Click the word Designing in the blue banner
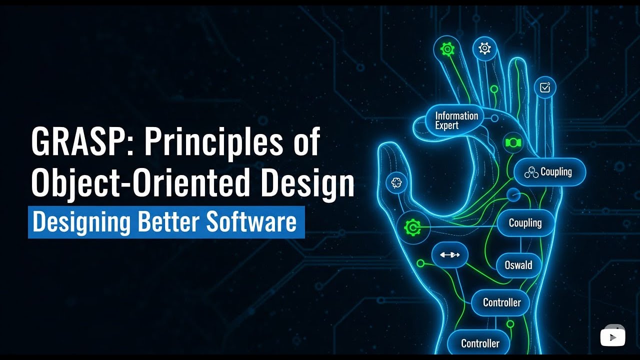coord(82,222)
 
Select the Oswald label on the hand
coord(518,265)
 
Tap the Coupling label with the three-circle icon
coord(549,172)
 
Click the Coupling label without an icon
coord(525,223)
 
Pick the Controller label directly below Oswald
coord(501,302)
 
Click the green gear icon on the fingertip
coord(446,48)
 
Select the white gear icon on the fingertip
coord(484,48)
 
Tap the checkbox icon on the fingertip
coord(544,87)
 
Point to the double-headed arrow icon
coord(449,255)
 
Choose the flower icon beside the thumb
coord(396,183)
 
